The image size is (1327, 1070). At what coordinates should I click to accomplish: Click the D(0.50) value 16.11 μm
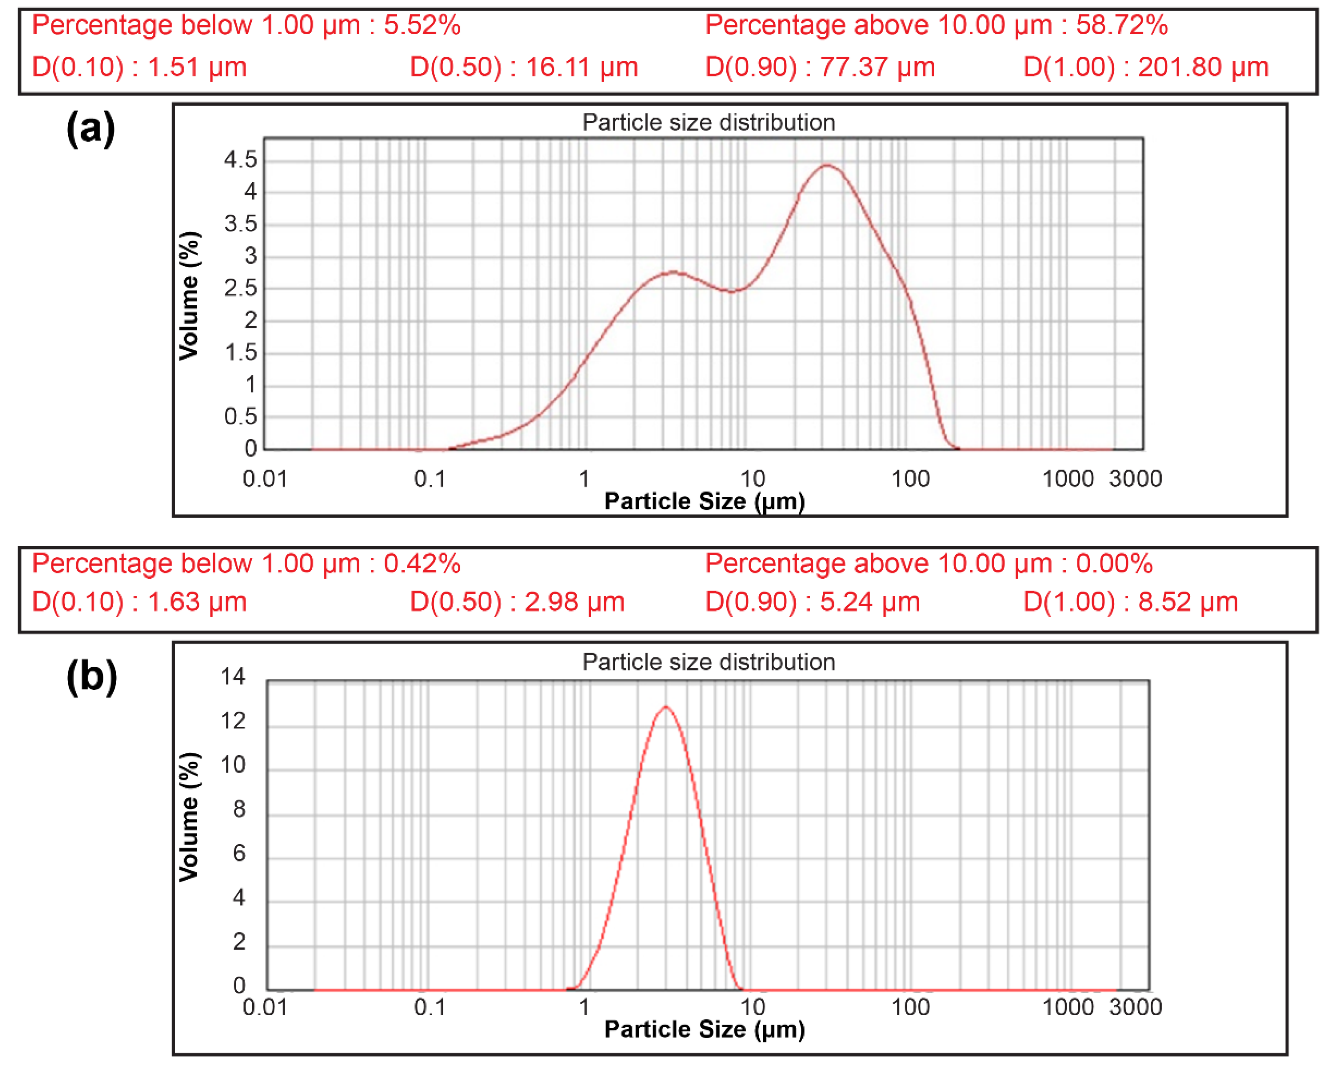coord(581,67)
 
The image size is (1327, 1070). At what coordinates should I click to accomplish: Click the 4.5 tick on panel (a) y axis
coord(240,160)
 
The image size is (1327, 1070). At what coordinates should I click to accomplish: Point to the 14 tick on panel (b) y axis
coord(233,677)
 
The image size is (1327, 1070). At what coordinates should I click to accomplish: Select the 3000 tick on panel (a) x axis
coord(1135,479)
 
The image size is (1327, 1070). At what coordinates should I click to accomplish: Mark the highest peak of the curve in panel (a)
coord(827,165)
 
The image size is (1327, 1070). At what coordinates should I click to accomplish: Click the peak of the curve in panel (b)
coord(666,707)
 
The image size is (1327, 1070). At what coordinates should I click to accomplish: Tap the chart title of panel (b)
coord(708,662)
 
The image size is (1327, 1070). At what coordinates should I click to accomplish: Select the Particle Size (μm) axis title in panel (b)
coord(704,1029)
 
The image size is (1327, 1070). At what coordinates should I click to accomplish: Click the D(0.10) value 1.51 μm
coord(196,67)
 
